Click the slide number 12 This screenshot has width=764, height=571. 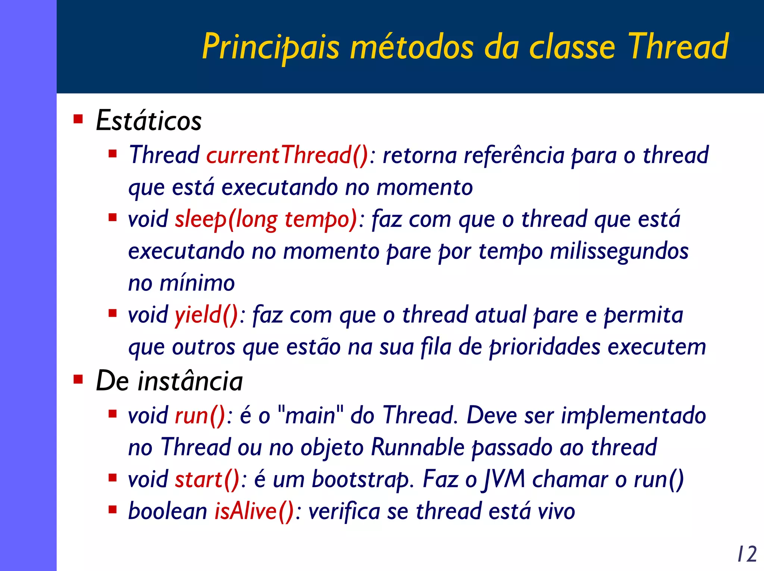(x=747, y=554)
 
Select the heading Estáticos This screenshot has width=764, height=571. (x=148, y=120)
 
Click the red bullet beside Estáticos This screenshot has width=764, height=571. (x=78, y=119)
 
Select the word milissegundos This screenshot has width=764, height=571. (x=619, y=251)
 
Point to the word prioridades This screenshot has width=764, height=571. (x=545, y=347)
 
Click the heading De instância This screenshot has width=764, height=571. (x=169, y=381)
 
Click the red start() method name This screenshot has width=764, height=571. (x=207, y=480)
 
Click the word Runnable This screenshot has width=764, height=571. (x=418, y=447)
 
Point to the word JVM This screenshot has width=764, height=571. (x=504, y=480)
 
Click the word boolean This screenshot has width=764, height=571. (x=167, y=511)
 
